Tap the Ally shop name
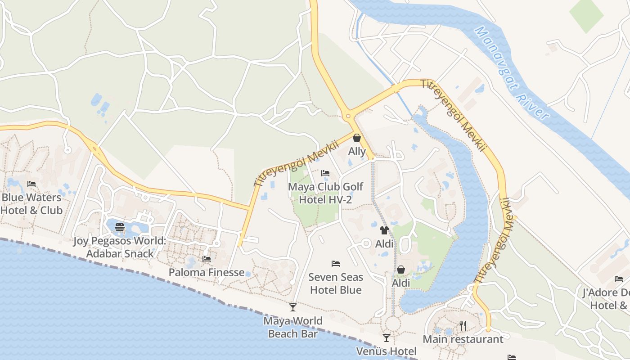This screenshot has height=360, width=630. click(357, 151)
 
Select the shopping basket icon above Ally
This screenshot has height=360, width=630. click(357, 138)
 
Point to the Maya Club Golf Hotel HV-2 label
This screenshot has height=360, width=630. click(325, 193)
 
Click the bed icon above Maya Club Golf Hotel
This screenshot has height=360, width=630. click(325, 173)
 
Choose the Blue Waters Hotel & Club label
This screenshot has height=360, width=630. click(31, 204)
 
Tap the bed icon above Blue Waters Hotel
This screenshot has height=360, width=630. click(31, 184)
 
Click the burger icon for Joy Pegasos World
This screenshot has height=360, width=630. click(120, 227)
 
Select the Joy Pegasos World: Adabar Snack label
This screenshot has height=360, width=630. click(120, 247)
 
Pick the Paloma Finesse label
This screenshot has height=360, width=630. click(207, 272)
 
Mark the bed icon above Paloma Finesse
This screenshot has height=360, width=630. click(207, 259)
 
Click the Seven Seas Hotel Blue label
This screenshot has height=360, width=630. click(336, 283)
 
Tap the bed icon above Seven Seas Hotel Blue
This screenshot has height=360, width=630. click(336, 264)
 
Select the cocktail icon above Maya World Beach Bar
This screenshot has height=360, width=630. click(293, 307)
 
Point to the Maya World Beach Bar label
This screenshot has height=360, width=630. click(293, 327)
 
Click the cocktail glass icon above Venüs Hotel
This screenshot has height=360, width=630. click(386, 338)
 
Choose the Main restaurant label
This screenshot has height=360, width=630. click(463, 339)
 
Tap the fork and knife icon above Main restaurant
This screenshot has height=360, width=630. click(463, 325)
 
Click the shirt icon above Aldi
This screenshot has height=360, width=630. click(384, 230)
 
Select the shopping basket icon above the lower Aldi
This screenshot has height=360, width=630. click(400, 270)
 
